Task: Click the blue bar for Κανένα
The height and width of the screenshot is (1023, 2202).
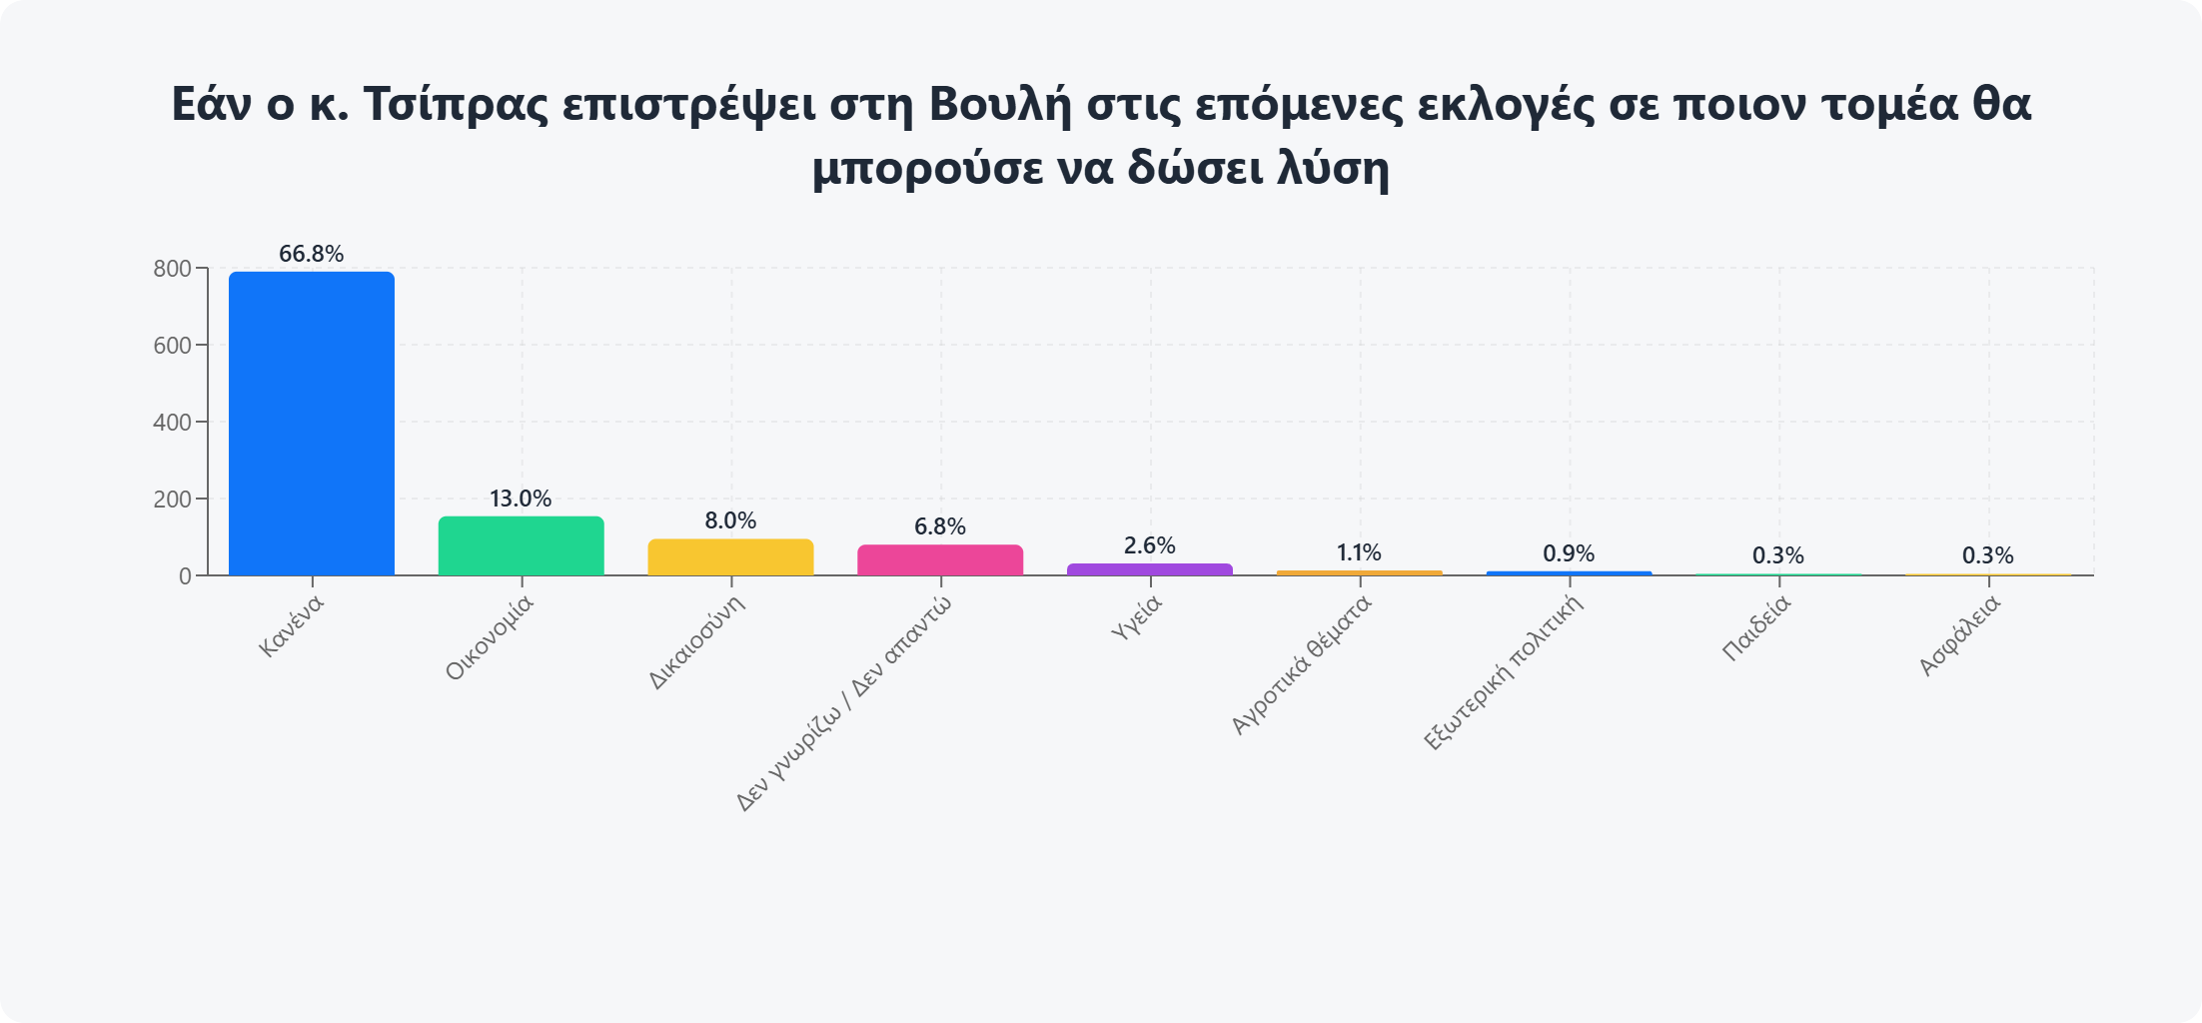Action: click(x=312, y=424)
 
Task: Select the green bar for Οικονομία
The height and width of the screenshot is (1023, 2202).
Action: click(x=521, y=545)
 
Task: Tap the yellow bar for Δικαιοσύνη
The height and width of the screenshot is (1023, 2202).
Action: click(x=730, y=557)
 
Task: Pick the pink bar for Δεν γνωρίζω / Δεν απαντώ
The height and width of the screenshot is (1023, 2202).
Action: click(x=940, y=559)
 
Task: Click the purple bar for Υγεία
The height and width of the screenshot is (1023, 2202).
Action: click(x=1149, y=569)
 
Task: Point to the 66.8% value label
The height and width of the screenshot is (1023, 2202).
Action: click(x=312, y=254)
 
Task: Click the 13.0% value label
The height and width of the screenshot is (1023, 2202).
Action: click(x=521, y=499)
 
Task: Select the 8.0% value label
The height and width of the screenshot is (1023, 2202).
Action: click(x=730, y=520)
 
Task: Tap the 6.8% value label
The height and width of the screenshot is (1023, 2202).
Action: click(x=940, y=526)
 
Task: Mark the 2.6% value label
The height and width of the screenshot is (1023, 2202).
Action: click(x=1149, y=545)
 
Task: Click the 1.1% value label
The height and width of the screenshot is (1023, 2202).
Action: click(x=1359, y=552)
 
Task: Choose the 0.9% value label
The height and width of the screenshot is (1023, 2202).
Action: click(x=1569, y=553)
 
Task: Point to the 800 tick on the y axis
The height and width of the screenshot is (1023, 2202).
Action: click(x=172, y=269)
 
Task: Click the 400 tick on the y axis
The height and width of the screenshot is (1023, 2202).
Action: click(x=172, y=423)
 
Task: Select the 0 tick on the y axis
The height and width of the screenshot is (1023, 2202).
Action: click(x=185, y=576)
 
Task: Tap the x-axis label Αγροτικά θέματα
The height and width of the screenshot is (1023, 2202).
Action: click(x=1301, y=665)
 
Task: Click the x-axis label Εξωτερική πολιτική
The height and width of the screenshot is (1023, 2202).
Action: click(x=1504, y=672)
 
